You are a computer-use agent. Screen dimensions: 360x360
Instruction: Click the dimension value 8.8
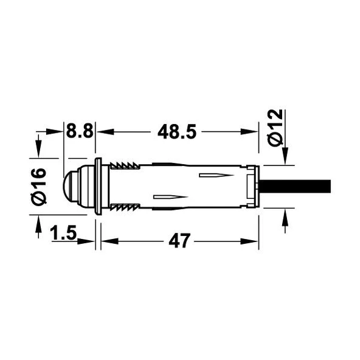[x=79, y=131]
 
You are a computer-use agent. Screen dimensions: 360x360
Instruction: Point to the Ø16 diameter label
[x=38, y=185]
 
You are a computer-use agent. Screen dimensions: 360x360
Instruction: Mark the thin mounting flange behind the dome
[x=97, y=187]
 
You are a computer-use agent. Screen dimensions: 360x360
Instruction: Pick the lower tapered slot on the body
[x=170, y=198]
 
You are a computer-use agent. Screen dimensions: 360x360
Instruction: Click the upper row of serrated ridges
[x=124, y=165]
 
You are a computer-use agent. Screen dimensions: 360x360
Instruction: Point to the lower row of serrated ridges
[x=124, y=208]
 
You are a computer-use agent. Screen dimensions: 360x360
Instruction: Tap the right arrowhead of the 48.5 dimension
[x=253, y=131]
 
